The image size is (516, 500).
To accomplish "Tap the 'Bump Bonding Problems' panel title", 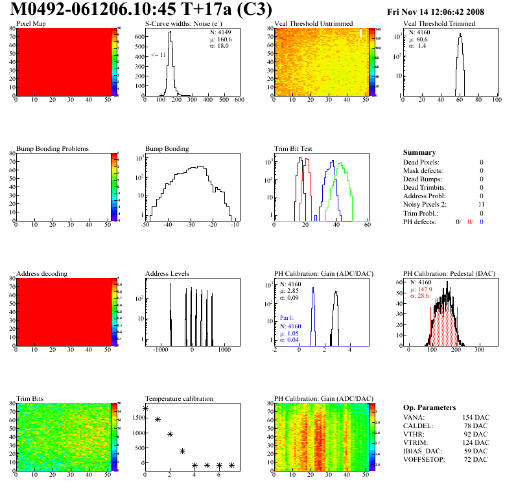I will tap(53, 148).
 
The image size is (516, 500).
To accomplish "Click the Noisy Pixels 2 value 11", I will tap(480, 204).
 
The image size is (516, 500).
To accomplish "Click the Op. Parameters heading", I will tap(429, 407).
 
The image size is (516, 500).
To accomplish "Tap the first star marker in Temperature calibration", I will tap(145, 409).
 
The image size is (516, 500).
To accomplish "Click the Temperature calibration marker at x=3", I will tap(182, 451).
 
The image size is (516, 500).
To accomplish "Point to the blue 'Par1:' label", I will tap(287, 319).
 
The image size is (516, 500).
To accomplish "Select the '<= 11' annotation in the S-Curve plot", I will tap(158, 55).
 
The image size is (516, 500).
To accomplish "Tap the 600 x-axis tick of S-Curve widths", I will tap(239, 100).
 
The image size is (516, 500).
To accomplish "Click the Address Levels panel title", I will tap(167, 273).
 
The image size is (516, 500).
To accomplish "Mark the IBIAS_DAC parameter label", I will tap(424, 450).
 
